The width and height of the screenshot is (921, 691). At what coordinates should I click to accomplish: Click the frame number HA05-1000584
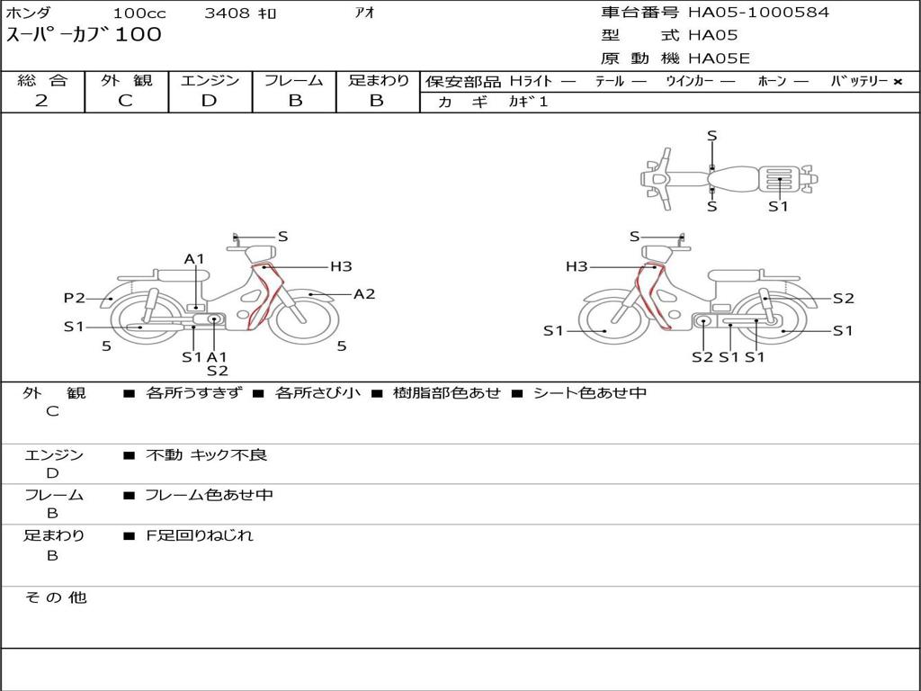pyautogui.click(x=758, y=13)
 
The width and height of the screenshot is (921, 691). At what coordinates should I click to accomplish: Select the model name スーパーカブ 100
pyautogui.click(x=84, y=35)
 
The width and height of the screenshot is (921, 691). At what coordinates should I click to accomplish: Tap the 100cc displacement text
pyautogui.click(x=139, y=13)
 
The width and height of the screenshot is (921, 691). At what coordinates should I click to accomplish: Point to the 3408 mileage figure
pyautogui.click(x=240, y=13)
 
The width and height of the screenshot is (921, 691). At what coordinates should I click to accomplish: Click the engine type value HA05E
pyautogui.click(x=719, y=59)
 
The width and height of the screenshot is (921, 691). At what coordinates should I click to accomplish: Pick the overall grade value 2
pyautogui.click(x=41, y=101)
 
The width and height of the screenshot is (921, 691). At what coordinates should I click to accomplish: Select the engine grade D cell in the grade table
pyautogui.click(x=209, y=101)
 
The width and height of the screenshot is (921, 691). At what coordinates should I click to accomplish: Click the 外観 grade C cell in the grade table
pyautogui.click(x=126, y=101)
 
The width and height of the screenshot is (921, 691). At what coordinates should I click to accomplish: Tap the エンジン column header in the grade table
pyautogui.click(x=210, y=81)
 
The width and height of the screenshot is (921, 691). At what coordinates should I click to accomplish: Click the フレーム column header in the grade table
pyautogui.click(x=294, y=81)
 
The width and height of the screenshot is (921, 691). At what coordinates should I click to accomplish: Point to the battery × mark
pyautogui.click(x=897, y=82)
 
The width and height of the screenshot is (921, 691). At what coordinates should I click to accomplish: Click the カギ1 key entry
pyautogui.click(x=528, y=102)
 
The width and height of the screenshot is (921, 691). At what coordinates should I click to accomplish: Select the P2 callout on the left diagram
pyautogui.click(x=74, y=299)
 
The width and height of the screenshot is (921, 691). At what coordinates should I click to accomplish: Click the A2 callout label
pyautogui.click(x=364, y=293)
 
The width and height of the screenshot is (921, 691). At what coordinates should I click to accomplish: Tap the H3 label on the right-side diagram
pyautogui.click(x=577, y=266)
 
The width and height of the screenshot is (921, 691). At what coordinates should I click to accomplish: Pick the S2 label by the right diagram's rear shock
pyautogui.click(x=843, y=299)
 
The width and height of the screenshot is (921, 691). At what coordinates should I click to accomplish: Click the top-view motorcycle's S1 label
pyautogui.click(x=778, y=206)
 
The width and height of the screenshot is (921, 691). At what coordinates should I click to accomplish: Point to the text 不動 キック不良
pyautogui.click(x=207, y=455)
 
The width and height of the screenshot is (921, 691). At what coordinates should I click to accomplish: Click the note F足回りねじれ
pyautogui.click(x=200, y=535)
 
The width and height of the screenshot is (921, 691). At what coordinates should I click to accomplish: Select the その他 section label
pyautogui.click(x=55, y=597)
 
